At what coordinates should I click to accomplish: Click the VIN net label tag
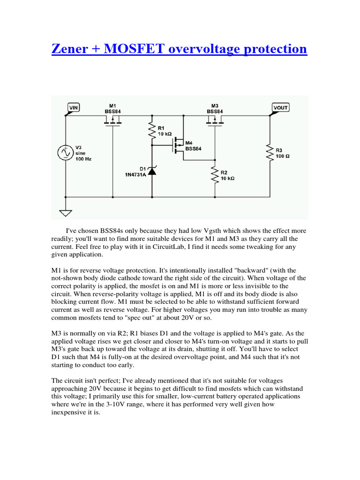pos(74,107)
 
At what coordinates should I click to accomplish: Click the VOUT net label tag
pos(280,107)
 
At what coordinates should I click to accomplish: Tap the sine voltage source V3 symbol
pos(65,152)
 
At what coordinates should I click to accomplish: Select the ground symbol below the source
pos(66,213)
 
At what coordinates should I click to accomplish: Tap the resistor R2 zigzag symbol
pos(215,174)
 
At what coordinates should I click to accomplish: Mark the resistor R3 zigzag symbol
pos(270,153)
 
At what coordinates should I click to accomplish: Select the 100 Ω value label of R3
pos(283,156)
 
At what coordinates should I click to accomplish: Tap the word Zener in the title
pos(73,49)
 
